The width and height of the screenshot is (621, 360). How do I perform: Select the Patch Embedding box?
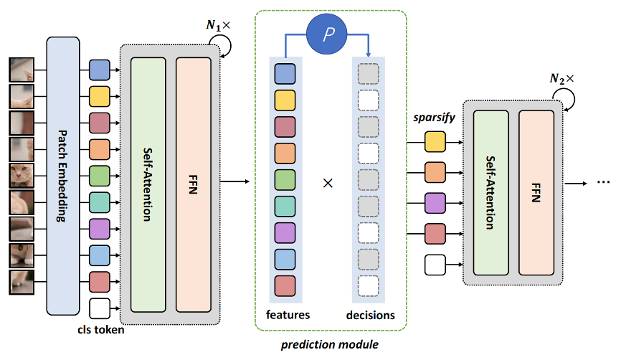(x=62, y=176)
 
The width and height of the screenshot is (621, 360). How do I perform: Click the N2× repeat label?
(x=563, y=80)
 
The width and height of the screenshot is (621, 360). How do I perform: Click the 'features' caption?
(x=288, y=315)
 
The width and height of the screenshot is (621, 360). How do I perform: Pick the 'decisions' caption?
(x=370, y=315)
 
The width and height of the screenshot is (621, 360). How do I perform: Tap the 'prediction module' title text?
(x=331, y=344)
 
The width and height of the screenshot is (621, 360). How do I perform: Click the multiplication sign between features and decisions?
(x=328, y=183)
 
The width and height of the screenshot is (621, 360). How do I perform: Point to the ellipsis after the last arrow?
(x=603, y=183)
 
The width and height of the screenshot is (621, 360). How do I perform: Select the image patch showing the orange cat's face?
(x=19, y=176)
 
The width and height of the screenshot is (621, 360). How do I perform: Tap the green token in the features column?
(x=285, y=179)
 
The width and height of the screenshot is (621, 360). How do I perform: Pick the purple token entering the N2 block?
(x=435, y=204)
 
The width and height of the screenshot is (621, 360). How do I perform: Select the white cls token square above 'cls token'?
(x=100, y=309)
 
